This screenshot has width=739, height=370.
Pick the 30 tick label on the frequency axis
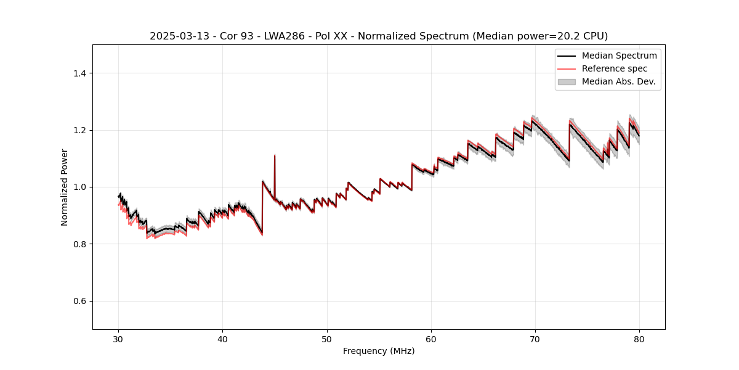click(119, 339)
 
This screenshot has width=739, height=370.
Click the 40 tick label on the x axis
click(223, 339)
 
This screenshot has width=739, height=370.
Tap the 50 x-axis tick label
click(327, 339)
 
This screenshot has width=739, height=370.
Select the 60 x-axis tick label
click(431, 339)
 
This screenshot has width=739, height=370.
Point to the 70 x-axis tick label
click(535, 339)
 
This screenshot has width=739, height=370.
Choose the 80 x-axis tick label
click(639, 339)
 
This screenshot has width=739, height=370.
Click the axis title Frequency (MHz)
click(379, 351)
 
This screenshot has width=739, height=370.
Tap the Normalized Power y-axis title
click(65, 187)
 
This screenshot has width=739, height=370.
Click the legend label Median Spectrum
click(619, 55)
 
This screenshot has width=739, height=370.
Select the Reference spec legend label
click(615, 68)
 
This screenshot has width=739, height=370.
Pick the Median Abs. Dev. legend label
click(618, 81)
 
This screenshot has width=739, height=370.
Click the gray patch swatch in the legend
click(567, 81)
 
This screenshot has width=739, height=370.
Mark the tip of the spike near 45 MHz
click(275, 155)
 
